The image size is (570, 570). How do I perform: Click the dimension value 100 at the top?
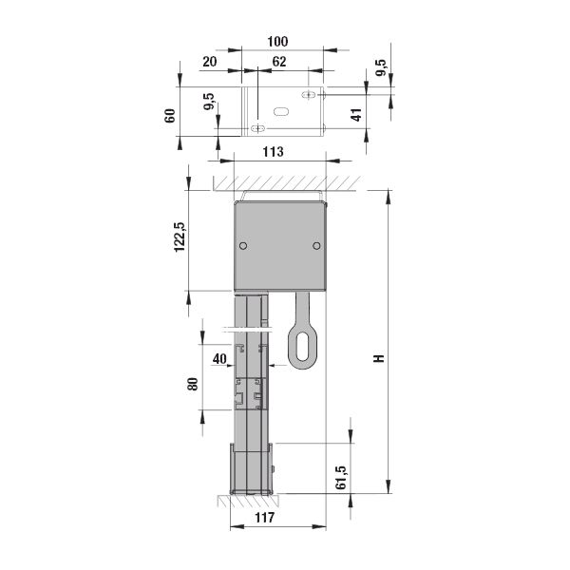pos(277,42)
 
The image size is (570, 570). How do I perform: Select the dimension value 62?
pos(279,62)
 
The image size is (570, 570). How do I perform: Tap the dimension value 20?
pos(210,62)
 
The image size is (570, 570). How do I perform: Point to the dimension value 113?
pos(273,152)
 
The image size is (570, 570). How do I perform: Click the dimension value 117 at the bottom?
pos(265,518)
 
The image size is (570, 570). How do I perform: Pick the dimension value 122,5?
pos(180,237)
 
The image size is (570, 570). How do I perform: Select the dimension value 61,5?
pos(341,477)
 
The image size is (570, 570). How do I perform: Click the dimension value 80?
pos(193,384)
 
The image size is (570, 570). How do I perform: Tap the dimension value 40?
pos(219,359)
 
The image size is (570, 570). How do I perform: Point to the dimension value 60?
pos(170,116)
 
